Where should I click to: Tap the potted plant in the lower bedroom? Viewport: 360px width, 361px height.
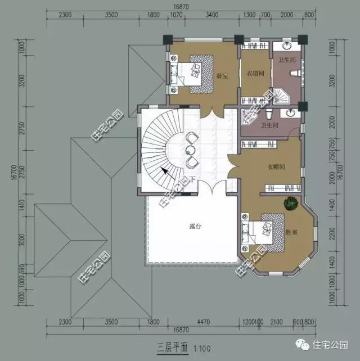291,202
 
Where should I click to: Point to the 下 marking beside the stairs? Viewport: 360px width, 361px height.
192,179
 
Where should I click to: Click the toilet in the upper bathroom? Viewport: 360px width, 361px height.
295,73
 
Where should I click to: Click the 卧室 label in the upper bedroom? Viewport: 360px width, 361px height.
223,74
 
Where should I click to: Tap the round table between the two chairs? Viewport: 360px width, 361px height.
191,150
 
